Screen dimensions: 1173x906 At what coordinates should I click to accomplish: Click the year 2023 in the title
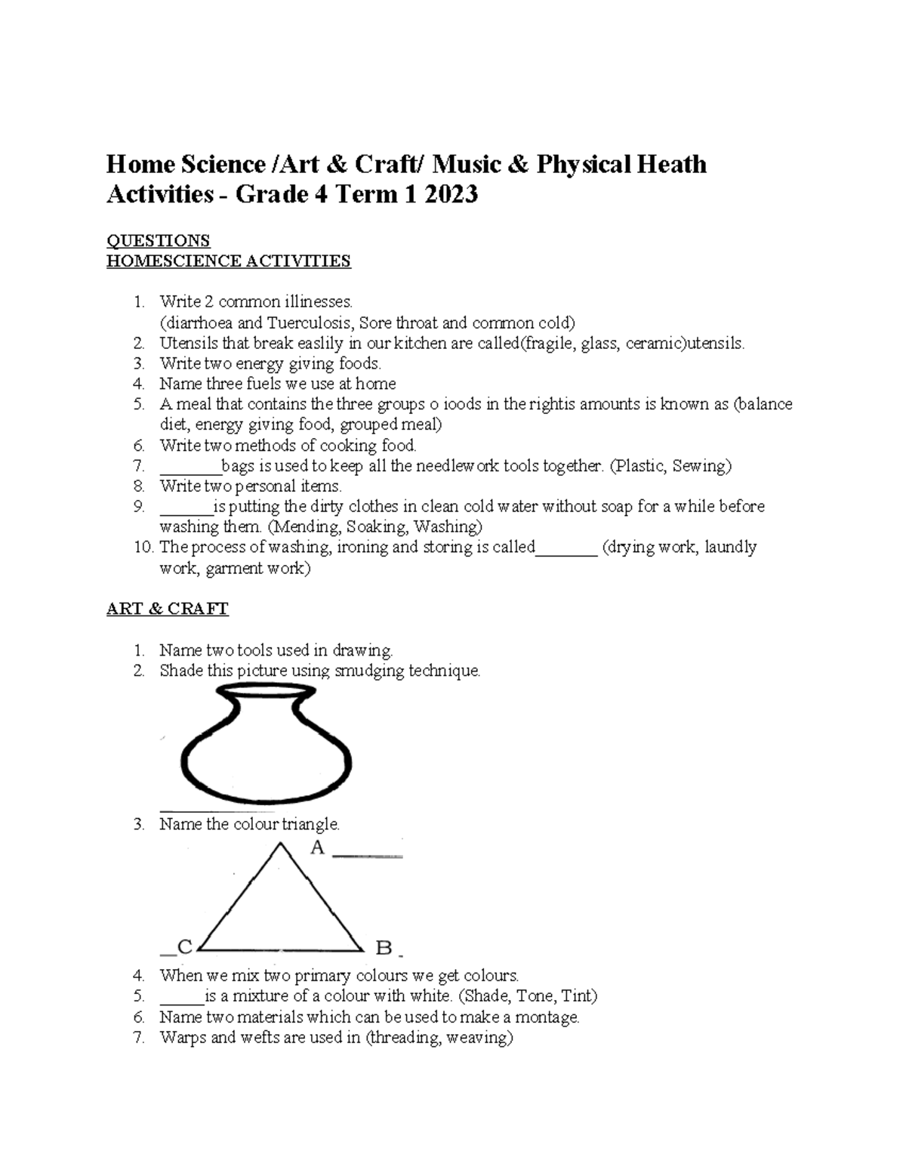pos(451,195)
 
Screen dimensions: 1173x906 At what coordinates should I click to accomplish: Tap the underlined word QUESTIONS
pos(158,241)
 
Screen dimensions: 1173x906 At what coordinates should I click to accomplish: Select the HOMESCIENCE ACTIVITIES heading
pos(228,261)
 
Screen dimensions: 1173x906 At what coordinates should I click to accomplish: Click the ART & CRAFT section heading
pos(167,609)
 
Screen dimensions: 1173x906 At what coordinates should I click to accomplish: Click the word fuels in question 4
pos(260,384)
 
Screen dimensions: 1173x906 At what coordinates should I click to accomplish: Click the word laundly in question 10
pos(730,547)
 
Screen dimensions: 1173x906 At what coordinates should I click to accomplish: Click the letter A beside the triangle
pos(317,848)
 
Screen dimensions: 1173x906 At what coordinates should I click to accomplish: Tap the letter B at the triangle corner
pos(384,947)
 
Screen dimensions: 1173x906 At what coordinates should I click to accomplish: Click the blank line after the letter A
pos(368,856)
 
